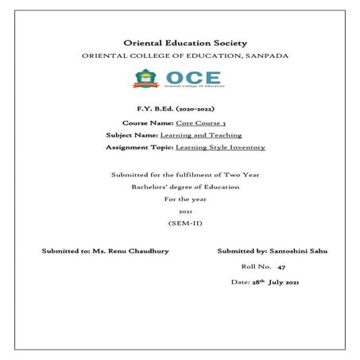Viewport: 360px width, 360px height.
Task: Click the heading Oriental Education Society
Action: pos(186,42)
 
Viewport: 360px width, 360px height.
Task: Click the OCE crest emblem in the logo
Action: pos(145,78)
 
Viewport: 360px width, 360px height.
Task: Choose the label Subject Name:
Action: pos(132,136)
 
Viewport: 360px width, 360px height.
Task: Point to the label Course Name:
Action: pos(148,124)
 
